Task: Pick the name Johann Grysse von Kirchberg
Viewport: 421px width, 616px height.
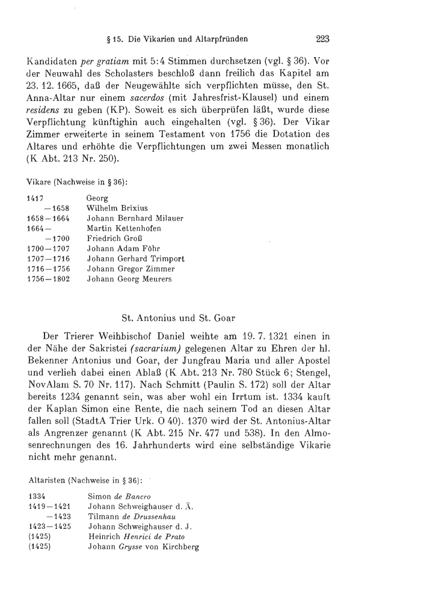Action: (x=144, y=546)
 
